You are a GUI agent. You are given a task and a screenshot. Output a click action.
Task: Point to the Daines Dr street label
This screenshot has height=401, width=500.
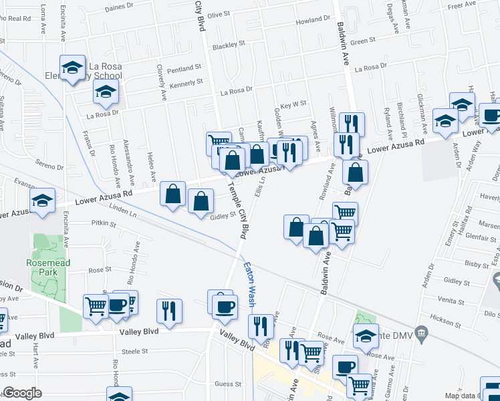pos(120,7)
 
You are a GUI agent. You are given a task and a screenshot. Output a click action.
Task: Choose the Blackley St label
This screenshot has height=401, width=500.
pos(229,46)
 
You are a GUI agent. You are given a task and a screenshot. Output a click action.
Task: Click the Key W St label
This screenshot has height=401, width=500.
pos(293,104)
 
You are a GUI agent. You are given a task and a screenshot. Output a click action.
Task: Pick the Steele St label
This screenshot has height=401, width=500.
pos(134,351)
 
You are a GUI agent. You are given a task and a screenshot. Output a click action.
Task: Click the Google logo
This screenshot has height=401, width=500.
pos(22,393)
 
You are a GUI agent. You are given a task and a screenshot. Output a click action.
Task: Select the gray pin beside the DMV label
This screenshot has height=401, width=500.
pos(420,332)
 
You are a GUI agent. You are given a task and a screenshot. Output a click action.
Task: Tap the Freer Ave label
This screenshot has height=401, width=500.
pos(461,6)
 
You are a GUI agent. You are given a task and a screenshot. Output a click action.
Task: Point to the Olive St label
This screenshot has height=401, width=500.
pos(219,13)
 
